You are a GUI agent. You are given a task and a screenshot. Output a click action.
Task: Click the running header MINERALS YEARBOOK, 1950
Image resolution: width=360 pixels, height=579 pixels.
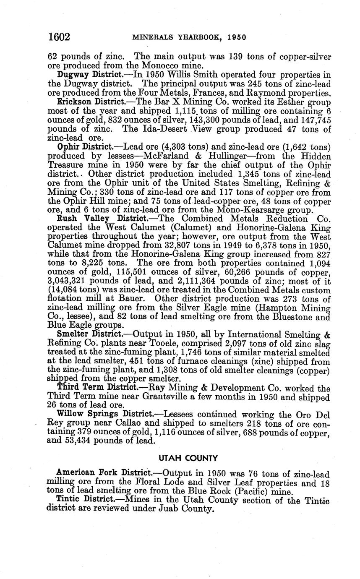pos(189,37)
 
